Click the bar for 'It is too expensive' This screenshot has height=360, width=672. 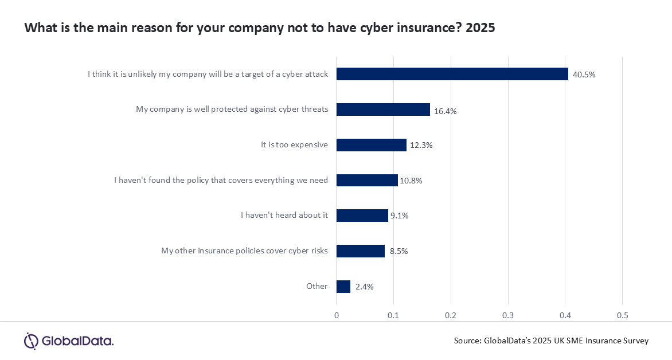click(x=371, y=145)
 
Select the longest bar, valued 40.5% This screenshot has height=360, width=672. click(x=452, y=74)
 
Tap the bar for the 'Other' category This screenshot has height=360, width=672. click(x=343, y=287)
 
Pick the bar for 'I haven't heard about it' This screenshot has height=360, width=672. click(x=362, y=216)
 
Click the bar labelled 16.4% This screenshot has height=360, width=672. click(x=383, y=109)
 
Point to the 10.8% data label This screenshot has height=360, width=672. click(x=411, y=181)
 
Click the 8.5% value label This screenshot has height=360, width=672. click(x=398, y=251)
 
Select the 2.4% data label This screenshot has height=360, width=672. click(x=364, y=287)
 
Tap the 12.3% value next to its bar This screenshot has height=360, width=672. click(x=421, y=146)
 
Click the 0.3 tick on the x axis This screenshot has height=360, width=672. click(x=508, y=315)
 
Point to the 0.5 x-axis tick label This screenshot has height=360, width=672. click(x=622, y=315)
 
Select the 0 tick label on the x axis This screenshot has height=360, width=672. click(x=337, y=315)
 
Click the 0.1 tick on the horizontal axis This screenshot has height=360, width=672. click(x=393, y=315)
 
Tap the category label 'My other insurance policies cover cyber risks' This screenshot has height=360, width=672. click(x=244, y=251)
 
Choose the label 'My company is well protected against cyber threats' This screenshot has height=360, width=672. click(x=232, y=109)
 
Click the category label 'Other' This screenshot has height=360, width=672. click(x=317, y=286)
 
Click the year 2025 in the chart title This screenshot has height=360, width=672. click(x=480, y=28)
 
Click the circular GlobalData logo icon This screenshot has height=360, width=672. click(x=30, y=341)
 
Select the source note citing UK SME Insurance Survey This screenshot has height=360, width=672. click(x=551, y=341)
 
